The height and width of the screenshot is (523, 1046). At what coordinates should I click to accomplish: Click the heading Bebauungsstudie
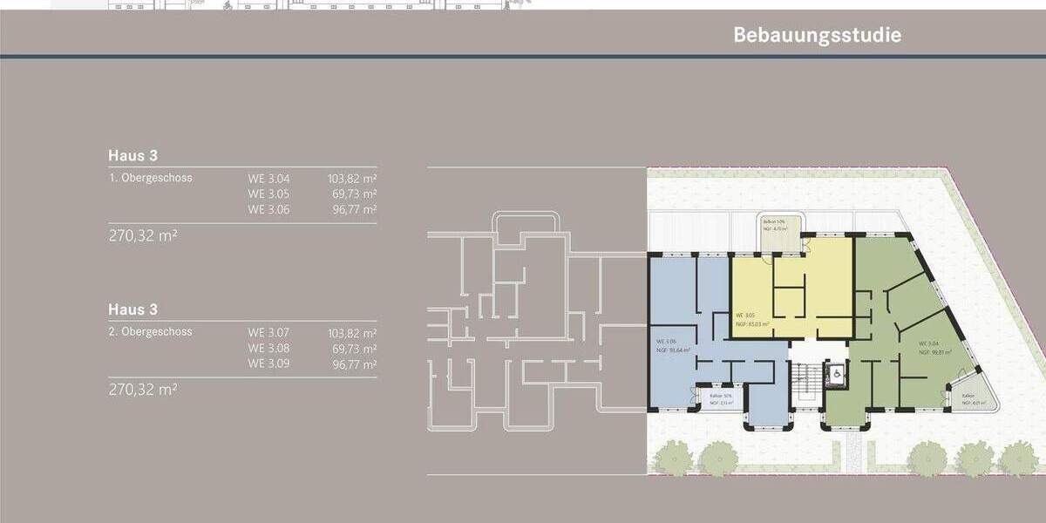pos(817,35)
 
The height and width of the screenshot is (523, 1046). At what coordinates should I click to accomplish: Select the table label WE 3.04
pos(268,178)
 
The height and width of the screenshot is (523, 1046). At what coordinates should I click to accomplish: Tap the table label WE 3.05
pos(268,194)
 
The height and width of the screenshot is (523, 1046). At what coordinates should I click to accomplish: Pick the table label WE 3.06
pos(268,209)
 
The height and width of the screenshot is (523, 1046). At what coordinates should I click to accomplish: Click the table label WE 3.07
pos(268,332)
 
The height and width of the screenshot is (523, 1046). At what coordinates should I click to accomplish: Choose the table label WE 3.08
pos(268,348)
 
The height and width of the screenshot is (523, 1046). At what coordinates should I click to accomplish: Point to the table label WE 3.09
pos(268,363)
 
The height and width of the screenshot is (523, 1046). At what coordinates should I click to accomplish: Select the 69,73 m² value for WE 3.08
pos(355,348)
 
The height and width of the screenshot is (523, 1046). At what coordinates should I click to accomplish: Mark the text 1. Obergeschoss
pos(150,178)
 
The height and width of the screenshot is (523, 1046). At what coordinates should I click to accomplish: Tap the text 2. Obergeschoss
pos(150,332)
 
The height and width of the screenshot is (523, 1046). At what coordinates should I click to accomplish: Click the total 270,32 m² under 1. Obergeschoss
pos(143,235)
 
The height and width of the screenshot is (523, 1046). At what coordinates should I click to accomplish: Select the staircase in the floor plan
pos(807,380)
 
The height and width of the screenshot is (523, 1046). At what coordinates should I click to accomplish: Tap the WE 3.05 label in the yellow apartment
pos(744,315)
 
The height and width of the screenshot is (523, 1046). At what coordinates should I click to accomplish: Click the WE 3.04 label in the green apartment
pos(927,343)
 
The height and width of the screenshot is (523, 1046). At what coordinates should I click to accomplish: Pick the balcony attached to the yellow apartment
pos(778,232)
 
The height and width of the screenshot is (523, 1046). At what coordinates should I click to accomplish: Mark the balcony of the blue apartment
pos(718,398)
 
